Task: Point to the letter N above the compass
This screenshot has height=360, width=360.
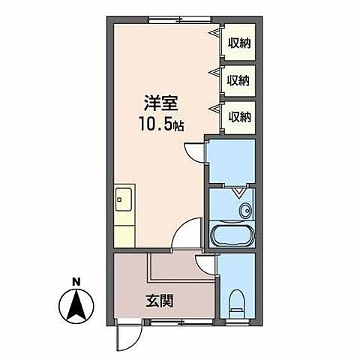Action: coord(76,282)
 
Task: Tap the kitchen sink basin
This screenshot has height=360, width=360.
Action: coord(122,200)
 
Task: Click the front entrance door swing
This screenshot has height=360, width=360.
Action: coord(128,337)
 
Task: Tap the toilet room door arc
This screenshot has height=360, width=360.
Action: coord(205,263)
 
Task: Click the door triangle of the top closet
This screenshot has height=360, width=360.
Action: coord(216,35)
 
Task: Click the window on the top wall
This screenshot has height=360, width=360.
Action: coord(179,16)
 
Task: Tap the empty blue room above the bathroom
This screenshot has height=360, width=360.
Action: coord(232,160)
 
